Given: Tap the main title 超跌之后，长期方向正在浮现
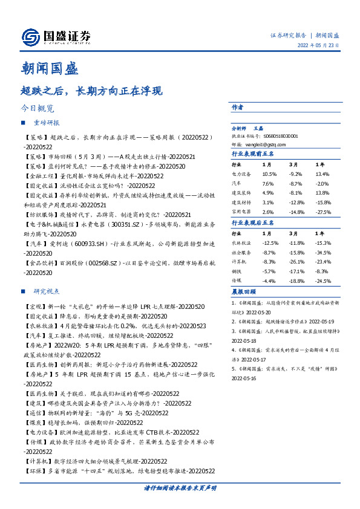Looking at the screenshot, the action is point(91,92).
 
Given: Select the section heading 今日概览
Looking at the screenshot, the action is point(37,109).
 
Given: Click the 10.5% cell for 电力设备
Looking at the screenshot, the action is point(269,173).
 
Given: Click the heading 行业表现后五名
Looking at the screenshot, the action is point(253,223).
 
